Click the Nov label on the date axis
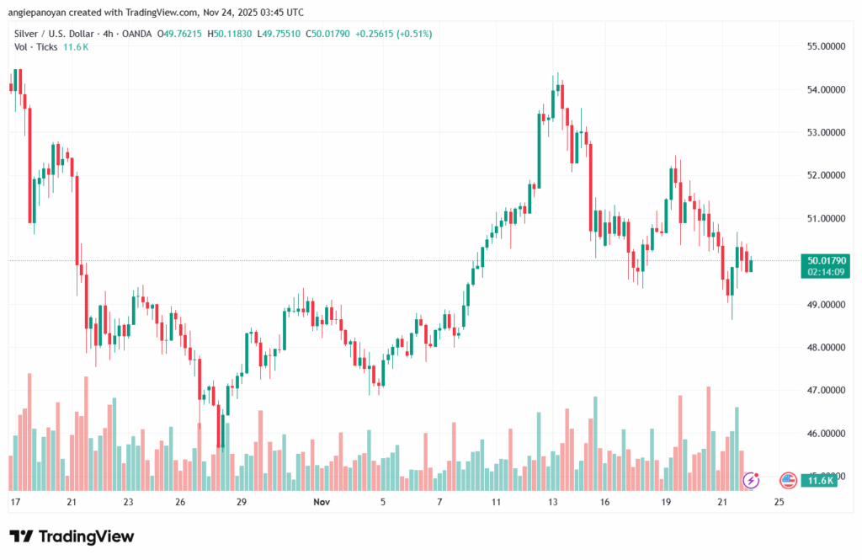pos(320,502)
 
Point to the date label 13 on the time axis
pos(553,502)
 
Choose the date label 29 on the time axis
pos(242,502)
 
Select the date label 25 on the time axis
pos(779,502)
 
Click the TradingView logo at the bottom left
pos(72,536)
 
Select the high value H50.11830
pos(258,34)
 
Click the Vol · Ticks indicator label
pos(35,47)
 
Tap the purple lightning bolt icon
pos(751,480)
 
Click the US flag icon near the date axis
pos(789,480)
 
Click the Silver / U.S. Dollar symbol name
pos(55,34)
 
